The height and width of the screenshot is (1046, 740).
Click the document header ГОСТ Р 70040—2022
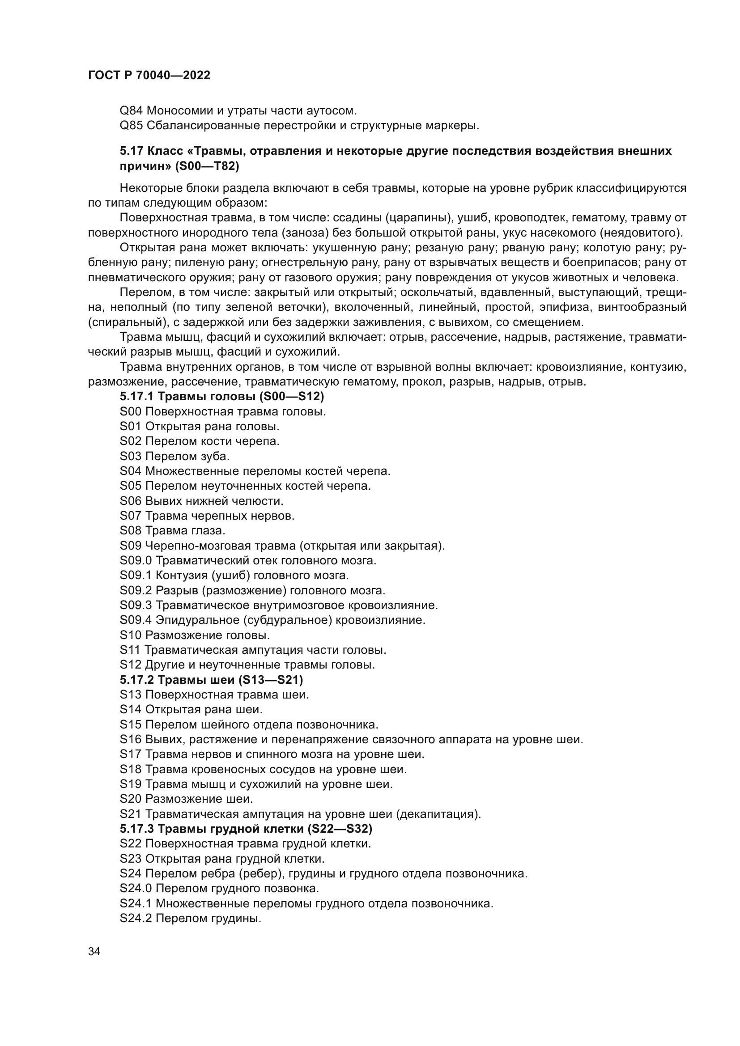tap(149, 75)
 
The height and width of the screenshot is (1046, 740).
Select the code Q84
tap(131, 111)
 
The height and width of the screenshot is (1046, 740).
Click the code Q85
tap(131, 125)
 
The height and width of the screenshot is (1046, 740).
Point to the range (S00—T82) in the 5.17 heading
tap(207, 166)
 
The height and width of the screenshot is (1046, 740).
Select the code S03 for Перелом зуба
tap(131, 456)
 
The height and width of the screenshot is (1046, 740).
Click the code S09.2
tap(136, 590)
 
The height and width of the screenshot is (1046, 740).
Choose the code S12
tap(131, 665)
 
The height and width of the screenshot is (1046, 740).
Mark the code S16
tap(131, 739)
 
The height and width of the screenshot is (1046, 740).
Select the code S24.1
tap(136, 903)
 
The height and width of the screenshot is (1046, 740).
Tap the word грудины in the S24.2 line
tap(236, 918)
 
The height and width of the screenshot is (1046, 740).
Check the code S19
tap(131, 784)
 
